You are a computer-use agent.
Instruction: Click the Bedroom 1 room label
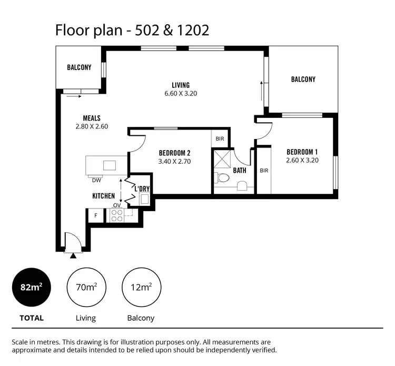tap(302, 151)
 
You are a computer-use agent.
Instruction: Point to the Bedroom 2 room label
tap(174, 153)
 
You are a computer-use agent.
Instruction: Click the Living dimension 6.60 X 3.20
tap(181, 94)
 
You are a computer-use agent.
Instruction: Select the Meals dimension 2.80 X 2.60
tap(92, 126)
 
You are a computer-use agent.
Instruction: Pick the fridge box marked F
tap(96, 215)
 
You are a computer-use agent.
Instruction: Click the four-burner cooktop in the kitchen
tap(116, 215)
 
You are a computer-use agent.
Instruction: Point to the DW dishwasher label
tap(96, 180)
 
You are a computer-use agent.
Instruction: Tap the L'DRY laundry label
tap(142, 189)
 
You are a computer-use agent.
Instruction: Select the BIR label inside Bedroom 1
tap(264, 171)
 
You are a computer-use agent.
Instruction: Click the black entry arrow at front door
tap(73, 255)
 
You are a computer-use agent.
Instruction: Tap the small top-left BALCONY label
tap(79, 67)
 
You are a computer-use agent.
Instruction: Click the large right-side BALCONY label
tap(303, 79)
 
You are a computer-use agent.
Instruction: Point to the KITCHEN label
tap(104, 196)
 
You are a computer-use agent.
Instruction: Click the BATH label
tap(240, 170)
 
